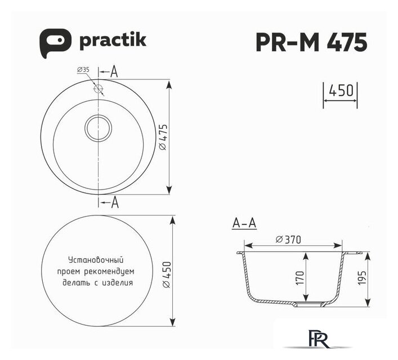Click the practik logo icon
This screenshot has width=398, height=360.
click(55, 42)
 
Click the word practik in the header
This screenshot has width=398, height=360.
click(113, 40)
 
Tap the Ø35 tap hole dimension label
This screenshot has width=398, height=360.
click(83, 70)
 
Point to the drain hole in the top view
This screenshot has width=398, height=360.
click(99, 128)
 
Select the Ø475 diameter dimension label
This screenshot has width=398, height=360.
click(162, 137)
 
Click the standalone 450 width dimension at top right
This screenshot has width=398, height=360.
click(340, 90)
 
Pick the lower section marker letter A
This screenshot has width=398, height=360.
click(114, 202)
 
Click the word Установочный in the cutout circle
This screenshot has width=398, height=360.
click(95, 260)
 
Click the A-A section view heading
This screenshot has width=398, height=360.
click(244, 224)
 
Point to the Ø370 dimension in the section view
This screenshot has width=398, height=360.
click(289, 240)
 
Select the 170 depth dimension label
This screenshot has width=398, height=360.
click(299, 277)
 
